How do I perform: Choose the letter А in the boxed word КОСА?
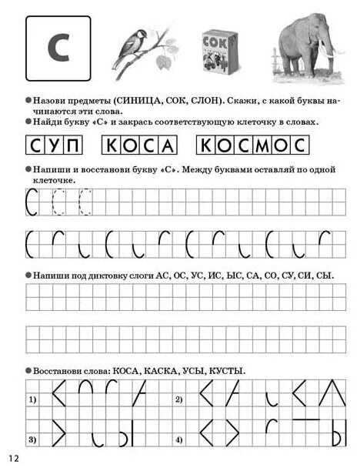coord(168,145)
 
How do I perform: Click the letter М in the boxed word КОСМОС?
coord(262,145)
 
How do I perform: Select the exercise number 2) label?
coord(178,400)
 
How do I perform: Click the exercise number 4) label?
coord(178,439)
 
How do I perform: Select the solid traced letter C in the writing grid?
coord(32,204)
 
